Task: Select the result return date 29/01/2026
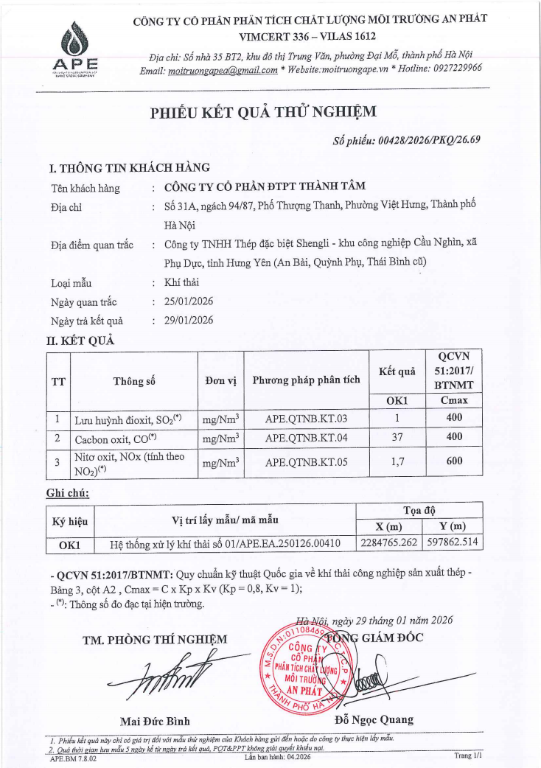coord(188,321)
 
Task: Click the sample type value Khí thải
coord(182,282)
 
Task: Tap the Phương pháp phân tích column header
coord(306,381)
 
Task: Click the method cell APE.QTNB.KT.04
coord(306,437)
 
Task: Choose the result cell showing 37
coord(397,437)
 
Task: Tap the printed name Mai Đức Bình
coord(155,720)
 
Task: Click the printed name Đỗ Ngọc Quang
coord(374,720)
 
